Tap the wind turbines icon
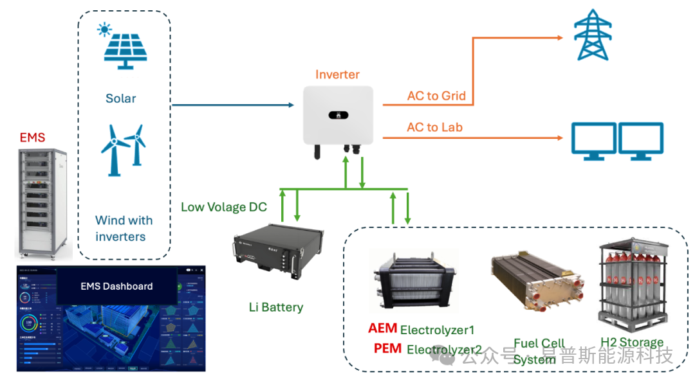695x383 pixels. tap(122, 150)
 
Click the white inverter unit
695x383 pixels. tap(338, 116)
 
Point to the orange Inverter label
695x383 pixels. tap(337, 75)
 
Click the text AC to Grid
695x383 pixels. tap(436, 96)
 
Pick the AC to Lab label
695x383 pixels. tap(435, 127)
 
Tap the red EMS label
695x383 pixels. tap(33, 137)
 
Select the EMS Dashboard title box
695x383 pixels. tap(116, 286)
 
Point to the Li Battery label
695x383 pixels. tap(275, 307)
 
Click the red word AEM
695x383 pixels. tap(382, 328)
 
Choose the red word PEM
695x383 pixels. tap(387, 349)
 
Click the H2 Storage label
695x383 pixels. tap(631, 343)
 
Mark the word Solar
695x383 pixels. tap(121, 98)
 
